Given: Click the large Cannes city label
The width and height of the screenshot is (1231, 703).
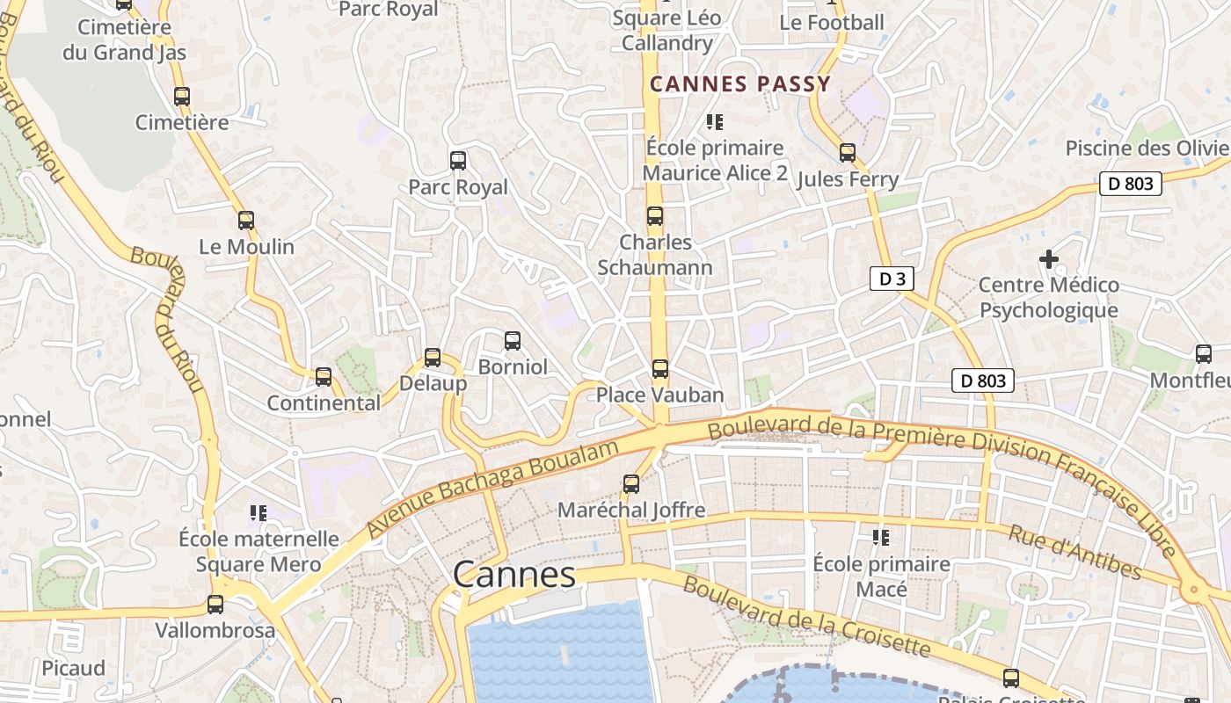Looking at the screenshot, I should click(x=514, y=575).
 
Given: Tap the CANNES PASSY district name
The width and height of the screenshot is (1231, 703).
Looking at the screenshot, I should click(x=739, y=84).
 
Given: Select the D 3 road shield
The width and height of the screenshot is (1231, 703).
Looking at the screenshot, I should click(x=892, y=279).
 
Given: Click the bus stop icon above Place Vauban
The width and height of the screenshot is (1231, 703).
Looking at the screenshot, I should click(x=660, y=369).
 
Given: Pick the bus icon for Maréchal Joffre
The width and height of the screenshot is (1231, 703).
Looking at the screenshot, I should click(x=631, y=483).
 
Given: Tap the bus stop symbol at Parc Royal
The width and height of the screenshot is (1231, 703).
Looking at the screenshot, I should click(x=458, y=160).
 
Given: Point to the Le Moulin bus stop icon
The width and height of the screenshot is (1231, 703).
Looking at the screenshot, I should click(x=246, y=220).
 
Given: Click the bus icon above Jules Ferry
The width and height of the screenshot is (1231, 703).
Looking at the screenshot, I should click(x=848, y=153).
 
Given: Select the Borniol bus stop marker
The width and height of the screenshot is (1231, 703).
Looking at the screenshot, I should click(x=513, y=340).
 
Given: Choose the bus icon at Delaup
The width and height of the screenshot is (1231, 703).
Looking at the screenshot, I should click(x=433, y=357).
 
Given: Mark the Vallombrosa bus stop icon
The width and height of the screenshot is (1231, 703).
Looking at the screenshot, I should click(x=215, y=604).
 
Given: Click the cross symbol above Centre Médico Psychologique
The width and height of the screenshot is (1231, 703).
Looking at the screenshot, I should click(x=1048, y=259).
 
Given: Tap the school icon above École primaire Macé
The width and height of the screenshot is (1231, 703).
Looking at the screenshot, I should click(x=881, y=537).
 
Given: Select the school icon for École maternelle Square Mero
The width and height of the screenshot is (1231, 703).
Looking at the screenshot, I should click(x=259, y=512).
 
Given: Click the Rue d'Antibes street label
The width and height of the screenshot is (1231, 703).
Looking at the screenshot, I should click(x=1074, y=553).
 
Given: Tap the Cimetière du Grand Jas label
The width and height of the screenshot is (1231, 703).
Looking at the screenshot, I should click(x=124, y=40).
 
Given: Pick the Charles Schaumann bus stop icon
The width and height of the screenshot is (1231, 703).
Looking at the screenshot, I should click(x=655, y=216).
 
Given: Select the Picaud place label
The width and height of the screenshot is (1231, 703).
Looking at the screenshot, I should click(x=73, y=668).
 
